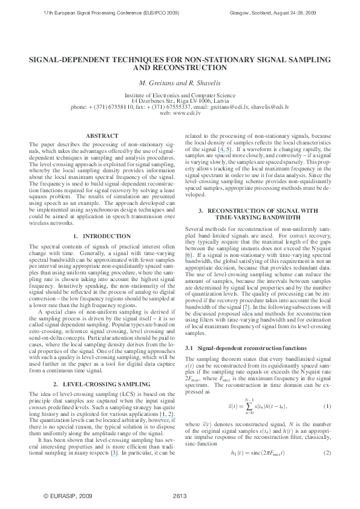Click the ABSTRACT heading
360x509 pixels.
[x=102, y=137]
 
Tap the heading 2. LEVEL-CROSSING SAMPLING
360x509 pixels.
[x=102, y=367]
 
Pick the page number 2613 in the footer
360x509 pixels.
[x=180, y=496]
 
